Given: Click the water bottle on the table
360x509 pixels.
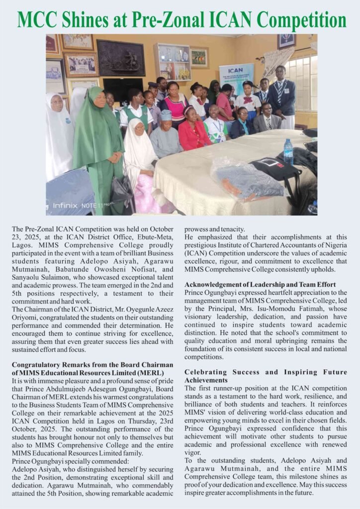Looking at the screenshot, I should click(288, 152).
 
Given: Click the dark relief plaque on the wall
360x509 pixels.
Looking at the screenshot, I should click(121, 58).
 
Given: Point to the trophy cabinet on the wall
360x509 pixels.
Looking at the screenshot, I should click(172, 62).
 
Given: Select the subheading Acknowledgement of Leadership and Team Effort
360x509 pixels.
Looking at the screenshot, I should click(260, 284).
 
